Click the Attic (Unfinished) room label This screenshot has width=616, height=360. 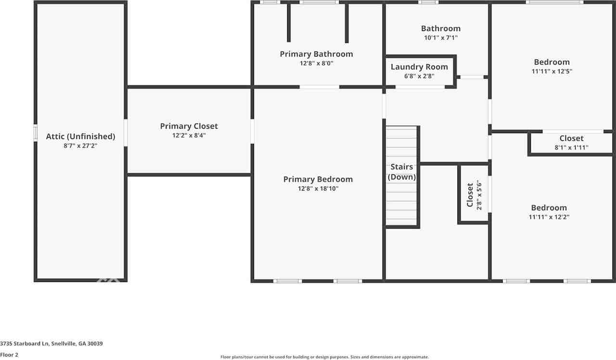[80, 136]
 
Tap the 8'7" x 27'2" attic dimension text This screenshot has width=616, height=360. [80, 145]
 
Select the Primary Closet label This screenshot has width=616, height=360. [189, 126]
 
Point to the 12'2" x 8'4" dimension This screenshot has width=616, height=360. [189, 136]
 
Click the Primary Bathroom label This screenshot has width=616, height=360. [316, 54]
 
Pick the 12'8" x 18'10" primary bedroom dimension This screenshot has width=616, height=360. [318, 189]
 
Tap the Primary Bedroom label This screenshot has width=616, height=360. [318, 180]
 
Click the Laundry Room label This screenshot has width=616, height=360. [419, 67]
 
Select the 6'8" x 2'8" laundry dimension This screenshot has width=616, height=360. [419, 76]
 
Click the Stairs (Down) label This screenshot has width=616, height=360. [402, 172]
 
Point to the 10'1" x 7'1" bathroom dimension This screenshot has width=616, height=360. [440, 38]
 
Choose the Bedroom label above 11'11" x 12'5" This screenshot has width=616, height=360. [552, 62]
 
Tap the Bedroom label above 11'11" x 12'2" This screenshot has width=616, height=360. [549, 208]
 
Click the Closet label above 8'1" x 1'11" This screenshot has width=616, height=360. [571, 139]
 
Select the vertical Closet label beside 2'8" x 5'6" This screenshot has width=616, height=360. [470, 195]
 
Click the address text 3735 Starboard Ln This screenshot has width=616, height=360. [51, 344]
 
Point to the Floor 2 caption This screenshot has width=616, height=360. [9, 355]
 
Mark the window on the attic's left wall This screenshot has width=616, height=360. [35, 133]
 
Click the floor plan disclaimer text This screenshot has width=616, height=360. [324, 357]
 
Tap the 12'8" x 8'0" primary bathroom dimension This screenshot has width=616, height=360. [316, 63]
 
